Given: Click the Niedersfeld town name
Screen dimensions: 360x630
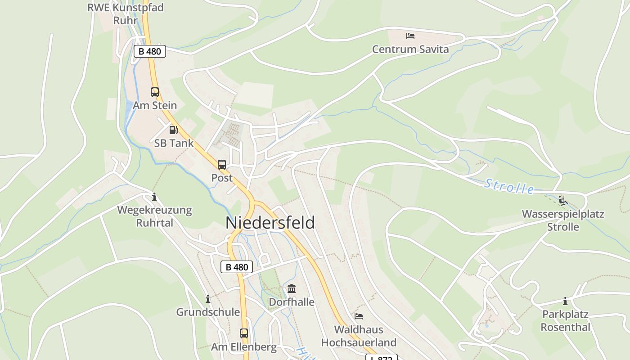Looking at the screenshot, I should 270,223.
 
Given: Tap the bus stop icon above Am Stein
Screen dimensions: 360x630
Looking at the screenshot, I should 155,92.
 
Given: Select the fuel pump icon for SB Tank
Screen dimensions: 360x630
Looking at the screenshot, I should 173,130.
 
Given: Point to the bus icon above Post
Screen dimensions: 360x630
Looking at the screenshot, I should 222,165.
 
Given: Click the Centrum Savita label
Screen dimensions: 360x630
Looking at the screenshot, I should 410,49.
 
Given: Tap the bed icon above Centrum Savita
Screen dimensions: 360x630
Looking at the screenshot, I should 410,36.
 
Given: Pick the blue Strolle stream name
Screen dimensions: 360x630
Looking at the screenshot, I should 509,186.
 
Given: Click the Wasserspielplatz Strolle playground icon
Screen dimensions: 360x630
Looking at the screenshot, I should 562,200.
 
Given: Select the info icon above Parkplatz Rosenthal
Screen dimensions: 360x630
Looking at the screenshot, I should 565,301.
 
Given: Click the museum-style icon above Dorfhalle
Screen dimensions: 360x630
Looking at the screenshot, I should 292,288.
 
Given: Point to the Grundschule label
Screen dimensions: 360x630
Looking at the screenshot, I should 208,312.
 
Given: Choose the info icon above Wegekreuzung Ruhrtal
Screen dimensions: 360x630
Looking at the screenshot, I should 154,197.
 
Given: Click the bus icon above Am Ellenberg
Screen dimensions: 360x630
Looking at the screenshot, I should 244,333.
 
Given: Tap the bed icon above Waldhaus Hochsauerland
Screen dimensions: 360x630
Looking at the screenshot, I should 359,316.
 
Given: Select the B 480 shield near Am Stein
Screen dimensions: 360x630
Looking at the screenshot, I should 150,51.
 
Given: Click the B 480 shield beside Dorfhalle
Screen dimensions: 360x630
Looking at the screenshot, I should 237,267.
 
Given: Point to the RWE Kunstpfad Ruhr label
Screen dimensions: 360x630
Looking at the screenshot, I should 126,14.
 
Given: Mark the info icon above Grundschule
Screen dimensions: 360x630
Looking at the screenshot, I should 208,299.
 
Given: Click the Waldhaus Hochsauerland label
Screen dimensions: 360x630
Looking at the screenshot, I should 359,336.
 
